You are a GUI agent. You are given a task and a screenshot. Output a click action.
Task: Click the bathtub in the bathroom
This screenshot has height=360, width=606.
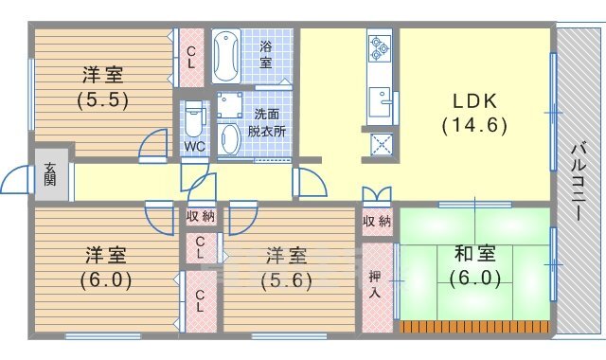pyautogui.click(x=227, y=57)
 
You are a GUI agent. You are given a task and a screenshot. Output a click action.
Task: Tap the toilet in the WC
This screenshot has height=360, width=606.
pyautogui.click(x=194, y=118)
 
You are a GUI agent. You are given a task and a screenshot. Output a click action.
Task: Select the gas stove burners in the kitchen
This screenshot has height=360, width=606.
pyautogui.click(x=380, y=48)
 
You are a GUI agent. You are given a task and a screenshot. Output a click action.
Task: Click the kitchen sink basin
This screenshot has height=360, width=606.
pyautogui.click(x=380, y=101)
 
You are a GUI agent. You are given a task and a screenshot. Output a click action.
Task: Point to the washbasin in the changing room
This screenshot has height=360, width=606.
pyautogui.click(x=229, y=138)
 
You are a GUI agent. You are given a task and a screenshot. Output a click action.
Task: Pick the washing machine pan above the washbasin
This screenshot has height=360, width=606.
pyautogui.click(x=229, y=105)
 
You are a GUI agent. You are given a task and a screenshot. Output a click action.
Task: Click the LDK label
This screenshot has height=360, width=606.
pyautogui.click(x=475, y=101)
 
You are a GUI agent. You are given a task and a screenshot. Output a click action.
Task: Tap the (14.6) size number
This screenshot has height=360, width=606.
pyautogui.click(x=474, y=125)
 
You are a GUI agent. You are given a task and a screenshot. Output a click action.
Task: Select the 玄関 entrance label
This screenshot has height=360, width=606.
pyautogui.click(x=50, y=174)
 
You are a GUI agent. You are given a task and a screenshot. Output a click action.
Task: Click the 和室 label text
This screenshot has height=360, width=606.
pyautogui.click(x=475, y=254)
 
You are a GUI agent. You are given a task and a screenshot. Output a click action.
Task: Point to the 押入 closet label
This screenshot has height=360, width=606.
pyautogui.click(x=375, y=284)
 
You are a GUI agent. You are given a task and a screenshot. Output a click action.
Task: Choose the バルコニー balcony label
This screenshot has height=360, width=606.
pyautogui.click(x=579, y=182)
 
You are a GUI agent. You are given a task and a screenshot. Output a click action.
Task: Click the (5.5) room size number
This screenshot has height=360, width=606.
pyautogui.click(x=103, y=100)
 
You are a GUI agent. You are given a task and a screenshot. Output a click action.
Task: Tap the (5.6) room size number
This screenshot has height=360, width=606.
pyautogui.click(x=286, y=280)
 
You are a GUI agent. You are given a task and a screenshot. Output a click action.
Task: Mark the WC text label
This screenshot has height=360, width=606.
pyautogui.click(x=194, y=147)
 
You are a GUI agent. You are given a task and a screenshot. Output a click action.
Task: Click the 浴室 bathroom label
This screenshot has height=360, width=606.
pyautogui.click(x=266, y=55)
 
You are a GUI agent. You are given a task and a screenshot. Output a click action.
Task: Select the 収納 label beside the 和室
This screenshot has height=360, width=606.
pyautogui.click(x=377, y=222)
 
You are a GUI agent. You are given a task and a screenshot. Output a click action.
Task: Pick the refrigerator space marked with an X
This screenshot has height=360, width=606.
pyautogui.click(x=381, y=145)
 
